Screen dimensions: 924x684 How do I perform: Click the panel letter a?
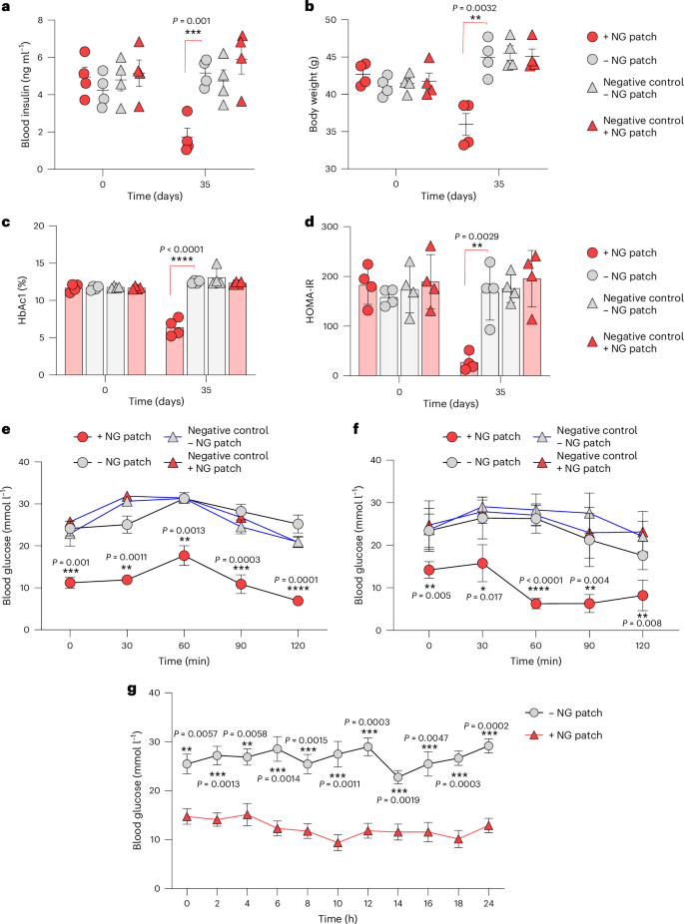point(6,8)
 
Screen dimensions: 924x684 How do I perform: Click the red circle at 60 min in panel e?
point(156,556)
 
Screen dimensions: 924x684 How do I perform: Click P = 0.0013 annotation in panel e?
point(156,529)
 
